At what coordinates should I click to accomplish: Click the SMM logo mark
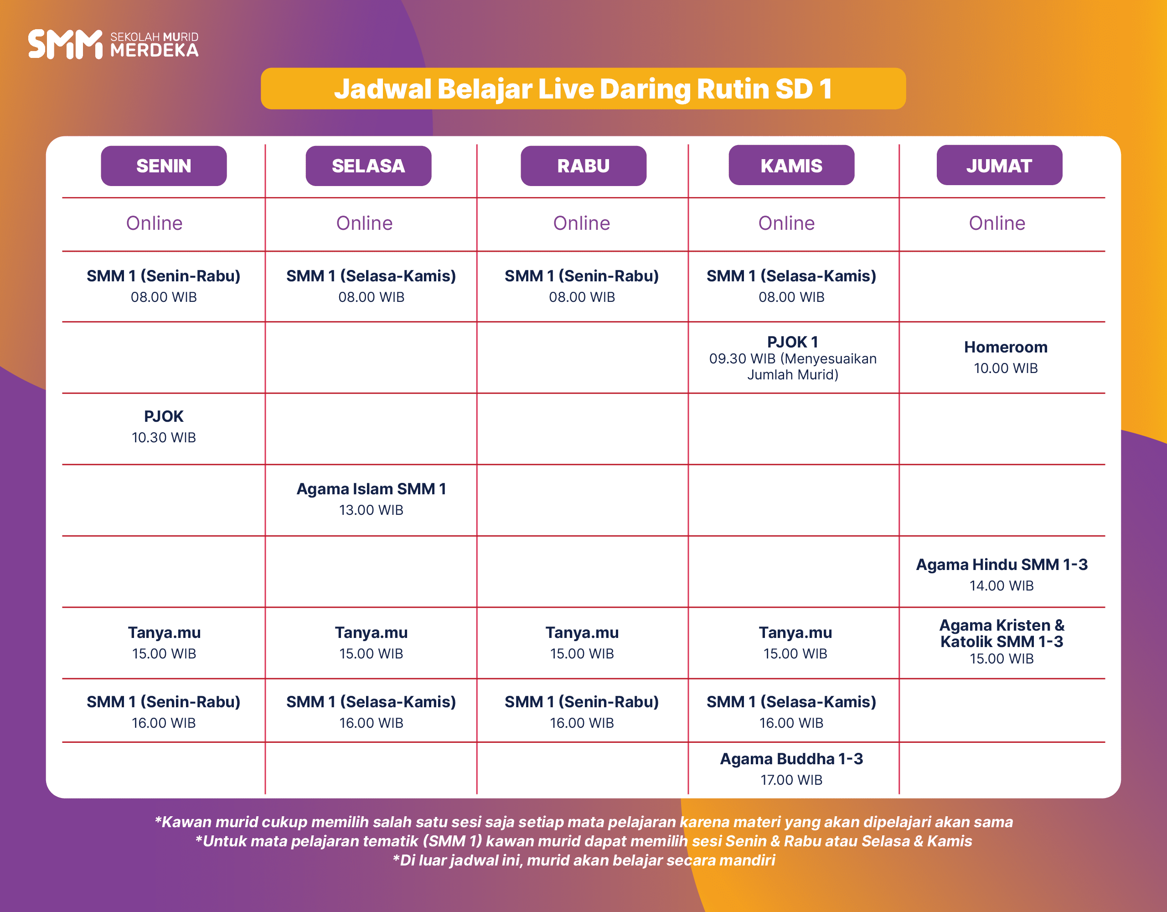point(65,44)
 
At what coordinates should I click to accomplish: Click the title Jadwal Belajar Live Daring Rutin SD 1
point(583,89)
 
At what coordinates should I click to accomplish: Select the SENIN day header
point(164,166)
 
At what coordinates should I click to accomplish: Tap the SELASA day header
point(368,166)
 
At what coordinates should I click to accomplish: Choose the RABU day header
point(583,166)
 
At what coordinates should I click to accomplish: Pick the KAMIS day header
point(791,165)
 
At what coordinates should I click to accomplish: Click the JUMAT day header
point(999,165)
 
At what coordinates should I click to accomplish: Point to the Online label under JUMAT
point(997,223)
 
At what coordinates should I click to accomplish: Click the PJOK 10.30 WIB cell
point(164,427)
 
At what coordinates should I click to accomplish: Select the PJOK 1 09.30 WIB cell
point(792,358)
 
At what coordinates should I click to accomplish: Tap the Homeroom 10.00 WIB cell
point(1006,357)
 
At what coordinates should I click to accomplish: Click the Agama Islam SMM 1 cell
point(372,499)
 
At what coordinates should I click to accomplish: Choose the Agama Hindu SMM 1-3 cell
point(1002,575)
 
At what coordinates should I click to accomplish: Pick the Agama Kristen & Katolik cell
point(1002,641)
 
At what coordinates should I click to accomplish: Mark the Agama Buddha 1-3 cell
point(791,769)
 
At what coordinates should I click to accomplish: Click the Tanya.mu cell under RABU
point(582,643)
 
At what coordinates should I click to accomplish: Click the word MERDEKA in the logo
point(155,50)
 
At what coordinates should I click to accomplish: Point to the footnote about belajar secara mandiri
point(583,860)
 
